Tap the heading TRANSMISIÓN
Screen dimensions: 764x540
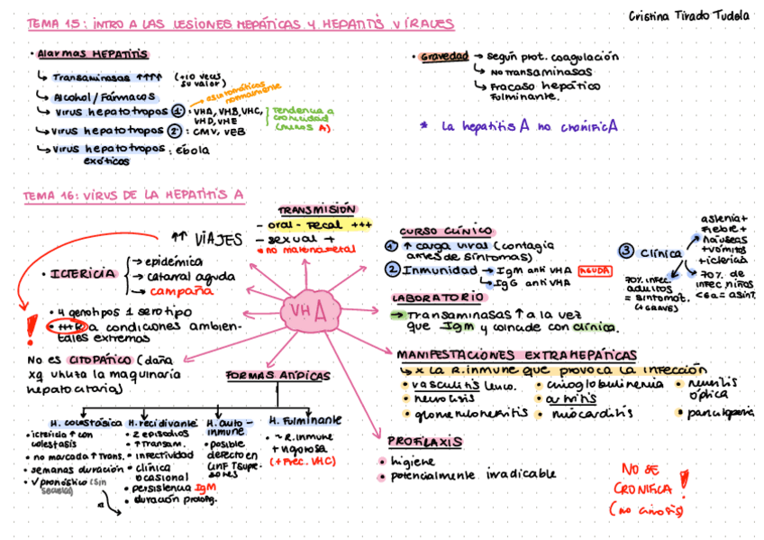tap(316, 208)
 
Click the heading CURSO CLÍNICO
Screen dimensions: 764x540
tap(446, 231)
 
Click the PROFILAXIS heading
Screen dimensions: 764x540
tap(424, 442)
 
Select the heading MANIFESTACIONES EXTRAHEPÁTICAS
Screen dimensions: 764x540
tap(516, 355)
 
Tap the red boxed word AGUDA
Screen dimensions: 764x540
tap(595, 269)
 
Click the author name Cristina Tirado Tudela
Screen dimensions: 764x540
tap(688, 15)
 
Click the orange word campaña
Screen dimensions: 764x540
tap(181, 291)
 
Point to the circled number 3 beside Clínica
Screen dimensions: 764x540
tap(625, 251)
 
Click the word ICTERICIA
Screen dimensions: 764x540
tap(83, 273)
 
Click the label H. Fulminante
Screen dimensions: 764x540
tap(305, 420)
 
